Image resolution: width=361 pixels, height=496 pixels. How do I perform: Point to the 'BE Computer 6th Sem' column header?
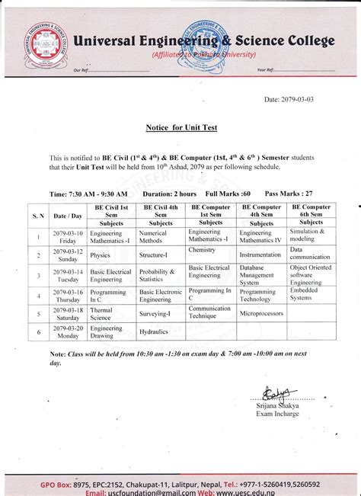(x=311, y=210)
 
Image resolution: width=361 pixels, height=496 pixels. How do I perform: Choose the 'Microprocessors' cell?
(x=261, y=312)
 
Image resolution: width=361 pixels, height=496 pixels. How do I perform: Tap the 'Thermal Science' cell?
(x=101, y=312)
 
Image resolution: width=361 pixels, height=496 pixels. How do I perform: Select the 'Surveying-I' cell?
(x=155, y=312)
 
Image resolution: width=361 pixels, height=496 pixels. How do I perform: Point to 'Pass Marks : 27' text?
(x=289, y=194)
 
